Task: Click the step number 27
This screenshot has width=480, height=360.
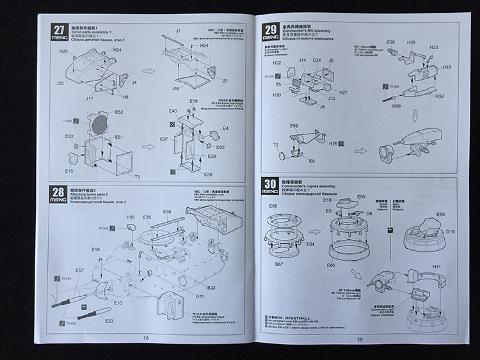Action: coord(59,29)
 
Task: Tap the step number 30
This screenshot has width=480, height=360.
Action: coord(270,185)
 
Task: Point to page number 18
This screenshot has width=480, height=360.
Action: coord(146,338)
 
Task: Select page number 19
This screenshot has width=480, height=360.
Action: coord(360,339)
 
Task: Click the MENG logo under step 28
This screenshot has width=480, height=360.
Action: coord(59,200)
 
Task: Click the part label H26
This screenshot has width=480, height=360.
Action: coord(64,51)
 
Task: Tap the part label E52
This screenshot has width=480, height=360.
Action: coord(119,112)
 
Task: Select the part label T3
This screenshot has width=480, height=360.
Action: coord(136,176)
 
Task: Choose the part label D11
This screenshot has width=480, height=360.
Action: coord(200,296)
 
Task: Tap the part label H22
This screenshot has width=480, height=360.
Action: coord(276,63)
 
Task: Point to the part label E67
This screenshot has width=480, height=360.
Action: coord(280,264)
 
